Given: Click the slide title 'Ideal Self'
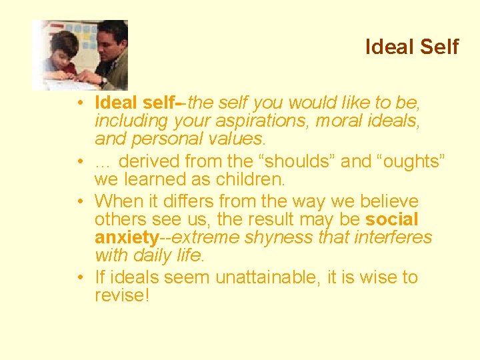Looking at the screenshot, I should click(x=412, y=47).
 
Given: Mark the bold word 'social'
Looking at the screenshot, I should click(x=392, y=219).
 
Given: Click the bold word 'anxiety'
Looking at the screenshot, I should click(x=125, y=237).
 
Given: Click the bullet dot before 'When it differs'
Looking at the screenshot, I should click(x=79, y=202).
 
